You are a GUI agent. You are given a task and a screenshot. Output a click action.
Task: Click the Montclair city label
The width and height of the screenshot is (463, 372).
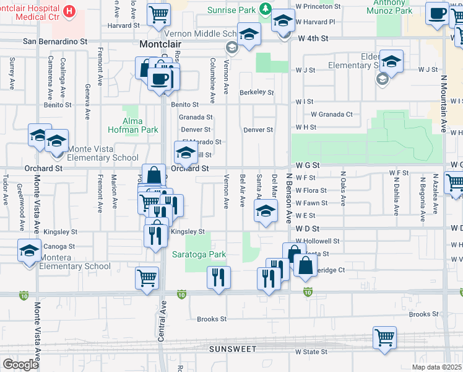coord(162,45)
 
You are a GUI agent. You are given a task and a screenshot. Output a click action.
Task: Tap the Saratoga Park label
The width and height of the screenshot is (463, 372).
coord(199,254)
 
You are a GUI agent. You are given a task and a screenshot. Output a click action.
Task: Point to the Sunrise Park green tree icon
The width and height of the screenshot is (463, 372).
coord(266,8)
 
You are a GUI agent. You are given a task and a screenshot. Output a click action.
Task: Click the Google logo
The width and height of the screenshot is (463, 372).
coord(20,364)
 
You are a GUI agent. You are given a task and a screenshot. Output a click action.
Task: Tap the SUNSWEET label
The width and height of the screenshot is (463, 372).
coord(232,349)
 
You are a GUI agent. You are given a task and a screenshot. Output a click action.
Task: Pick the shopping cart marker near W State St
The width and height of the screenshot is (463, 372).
coord(384,338)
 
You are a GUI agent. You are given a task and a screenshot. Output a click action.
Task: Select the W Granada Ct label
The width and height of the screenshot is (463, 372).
coord(331,114)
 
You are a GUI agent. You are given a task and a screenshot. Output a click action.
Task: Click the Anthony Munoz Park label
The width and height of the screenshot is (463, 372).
coord(389,7)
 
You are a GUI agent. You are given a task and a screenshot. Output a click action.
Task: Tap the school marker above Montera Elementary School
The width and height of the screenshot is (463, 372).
coord(29,250)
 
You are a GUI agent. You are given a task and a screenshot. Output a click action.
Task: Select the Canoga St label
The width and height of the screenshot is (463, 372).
coord(61,246)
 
